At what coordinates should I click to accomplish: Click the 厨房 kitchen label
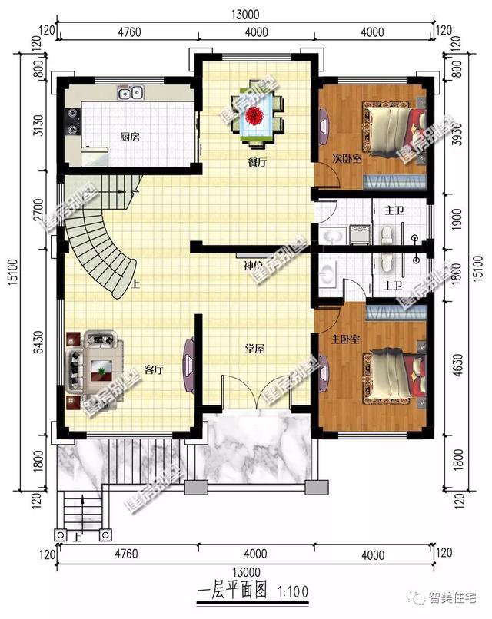tap(129, 137)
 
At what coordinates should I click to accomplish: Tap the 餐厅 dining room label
tap(257, 163)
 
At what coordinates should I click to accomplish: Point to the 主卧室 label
tap(344, 338)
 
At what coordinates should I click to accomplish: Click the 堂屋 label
tap(255, 349)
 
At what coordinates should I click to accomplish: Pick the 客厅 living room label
tap(153, 369)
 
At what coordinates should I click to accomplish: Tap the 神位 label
tap(254, 266)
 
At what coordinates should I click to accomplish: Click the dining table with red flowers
tap(256, 118)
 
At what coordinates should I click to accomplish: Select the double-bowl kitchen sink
tap(130, 93)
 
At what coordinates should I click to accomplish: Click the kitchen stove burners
tap(75, 118)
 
